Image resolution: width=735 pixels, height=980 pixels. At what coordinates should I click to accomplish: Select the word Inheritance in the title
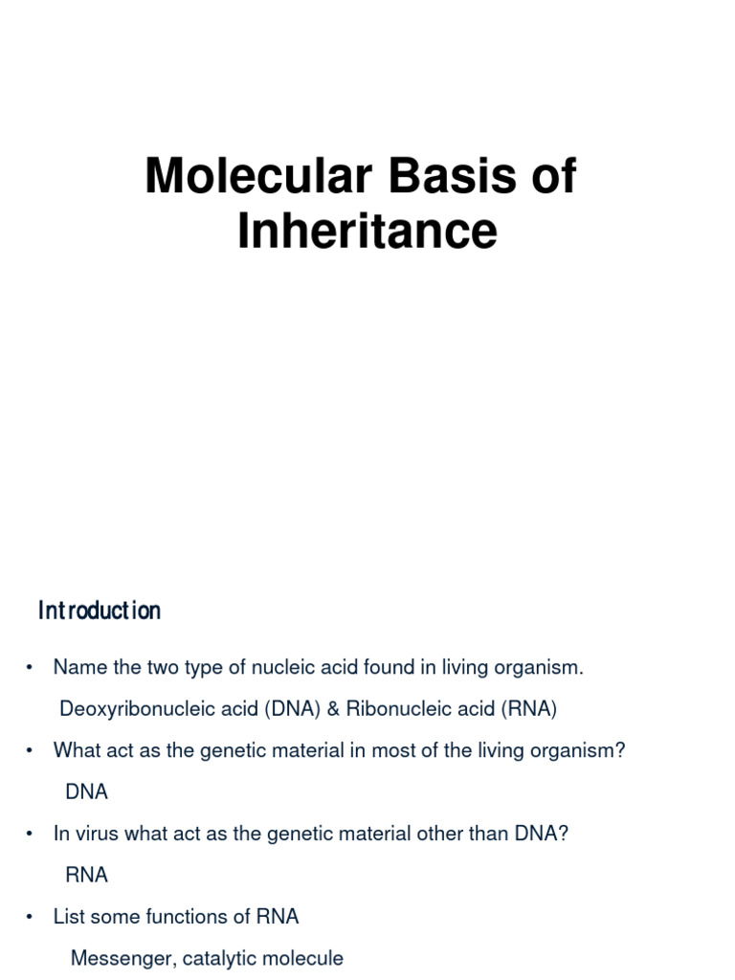[367, 231]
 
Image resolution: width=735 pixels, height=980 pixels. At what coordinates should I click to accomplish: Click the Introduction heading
[100, 611]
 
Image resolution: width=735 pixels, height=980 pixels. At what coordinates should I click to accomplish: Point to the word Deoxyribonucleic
[124, 709]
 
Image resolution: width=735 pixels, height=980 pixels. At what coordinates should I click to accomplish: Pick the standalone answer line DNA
[86, 792]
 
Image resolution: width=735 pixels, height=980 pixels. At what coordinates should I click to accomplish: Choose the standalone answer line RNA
[86, 875]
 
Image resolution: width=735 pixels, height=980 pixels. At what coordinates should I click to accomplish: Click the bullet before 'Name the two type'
[31, 668]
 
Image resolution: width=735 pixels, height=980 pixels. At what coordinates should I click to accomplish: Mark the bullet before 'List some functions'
[31, 917]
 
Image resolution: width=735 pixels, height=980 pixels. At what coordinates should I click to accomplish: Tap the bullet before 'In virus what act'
[31, 834]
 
